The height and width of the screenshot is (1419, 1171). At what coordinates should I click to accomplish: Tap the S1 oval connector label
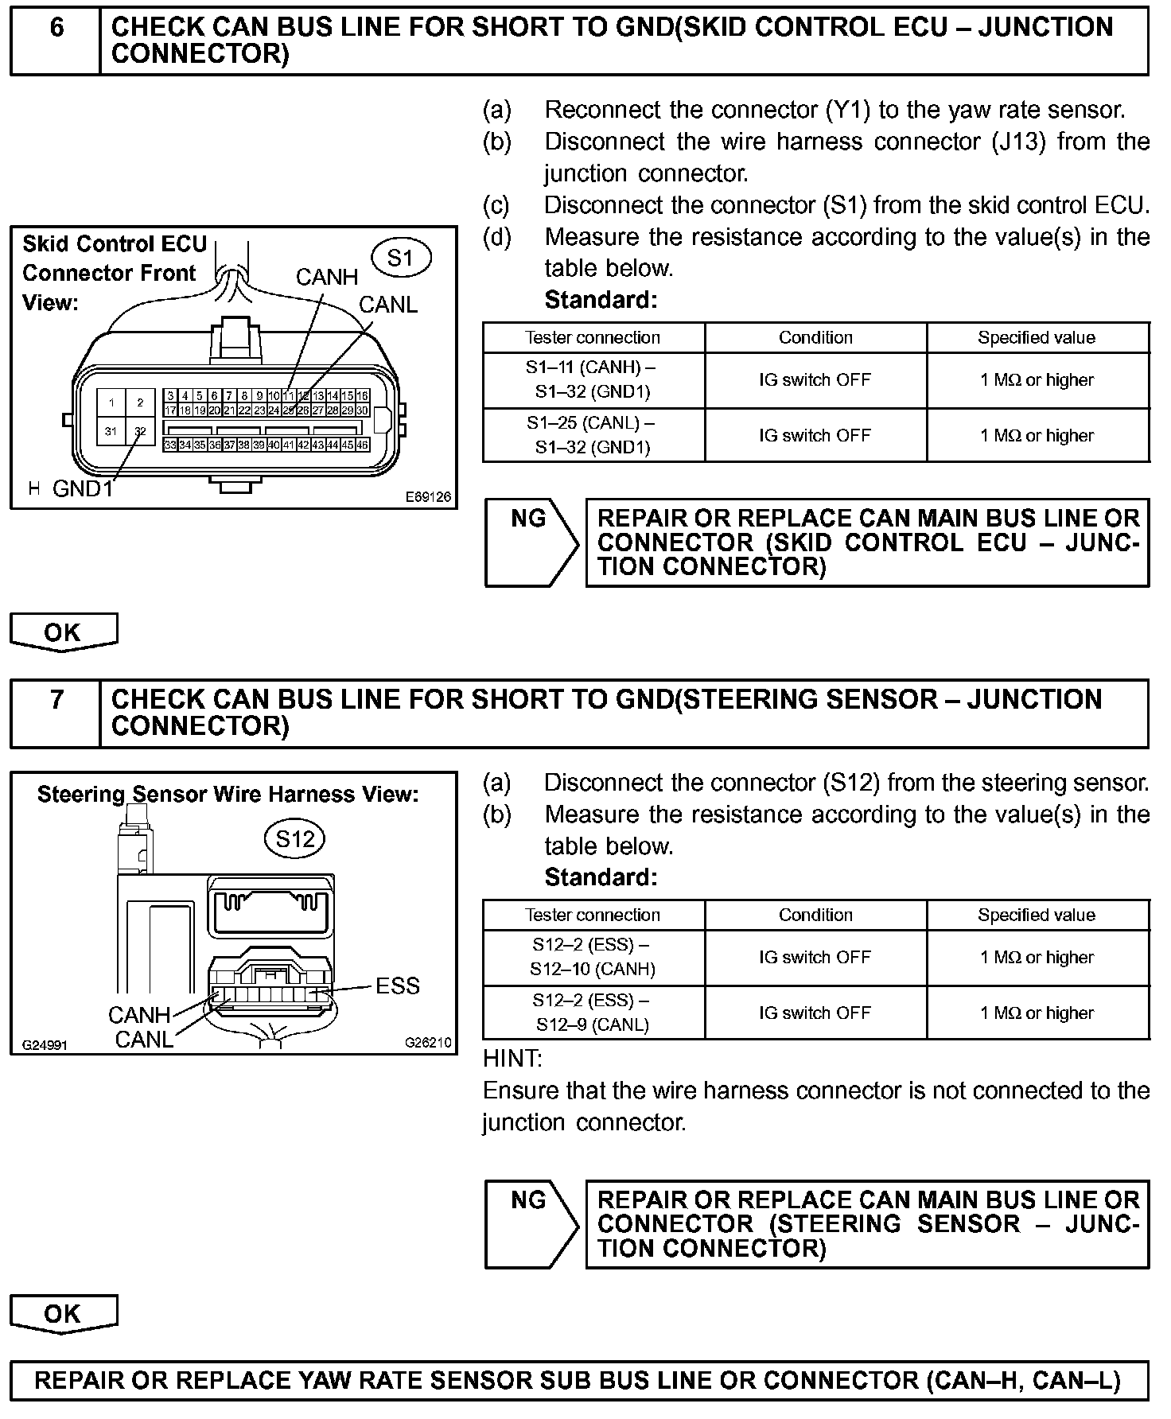tap(401, 258)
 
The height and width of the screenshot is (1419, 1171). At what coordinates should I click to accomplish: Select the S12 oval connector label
tap(295, 839)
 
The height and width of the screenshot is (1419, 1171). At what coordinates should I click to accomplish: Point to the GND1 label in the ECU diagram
tap(83, 488)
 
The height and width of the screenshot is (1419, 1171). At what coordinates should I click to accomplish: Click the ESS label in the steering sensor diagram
tap(397, 986)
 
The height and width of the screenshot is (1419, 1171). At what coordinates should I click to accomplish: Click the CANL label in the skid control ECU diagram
tap(388, 305)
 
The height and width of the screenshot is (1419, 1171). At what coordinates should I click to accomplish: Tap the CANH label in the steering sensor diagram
tap(139, 1015)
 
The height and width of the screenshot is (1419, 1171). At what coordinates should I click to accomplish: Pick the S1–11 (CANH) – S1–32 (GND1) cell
tap(593, 379)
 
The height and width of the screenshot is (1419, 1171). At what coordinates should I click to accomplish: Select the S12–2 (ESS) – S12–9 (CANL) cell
tap(593, 1013)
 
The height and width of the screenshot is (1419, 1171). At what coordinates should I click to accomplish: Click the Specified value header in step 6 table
tap(1037, 337)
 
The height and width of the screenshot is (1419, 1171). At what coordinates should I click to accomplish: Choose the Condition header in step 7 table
tap(815, 915)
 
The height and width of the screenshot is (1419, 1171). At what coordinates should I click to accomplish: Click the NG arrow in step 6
tap(531, 542)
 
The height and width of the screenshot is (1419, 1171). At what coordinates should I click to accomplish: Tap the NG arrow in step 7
tap(531, 1223)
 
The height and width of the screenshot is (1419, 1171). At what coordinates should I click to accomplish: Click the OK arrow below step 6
tap(64, 632)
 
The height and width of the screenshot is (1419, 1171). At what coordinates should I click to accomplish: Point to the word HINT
tap(512, 1059)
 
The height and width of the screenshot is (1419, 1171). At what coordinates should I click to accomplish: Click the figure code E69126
tap(428, 497)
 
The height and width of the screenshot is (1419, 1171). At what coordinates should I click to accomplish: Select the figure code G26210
tap(428, 1043)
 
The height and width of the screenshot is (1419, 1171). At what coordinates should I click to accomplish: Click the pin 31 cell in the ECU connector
tap(111, 431)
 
